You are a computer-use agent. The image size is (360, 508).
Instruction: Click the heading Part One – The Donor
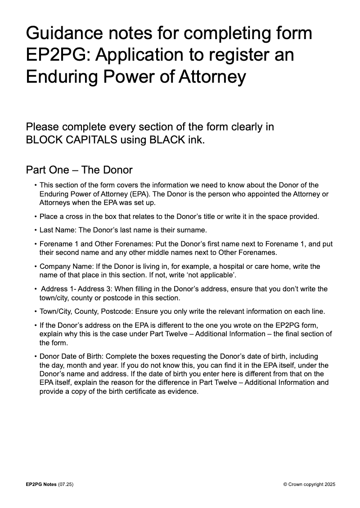point(79,170)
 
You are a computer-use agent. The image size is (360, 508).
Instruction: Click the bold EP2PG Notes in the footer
point(41,484)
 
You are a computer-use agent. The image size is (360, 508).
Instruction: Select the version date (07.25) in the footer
point(66,484)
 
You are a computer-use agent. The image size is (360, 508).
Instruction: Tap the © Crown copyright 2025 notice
point(309,484)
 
